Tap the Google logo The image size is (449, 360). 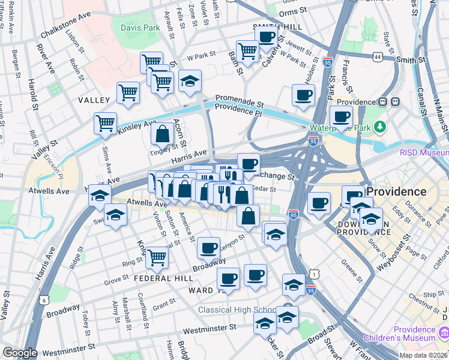[20, 353]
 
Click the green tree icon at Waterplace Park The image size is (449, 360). [379, 127]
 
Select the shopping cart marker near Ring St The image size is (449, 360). [157, 258]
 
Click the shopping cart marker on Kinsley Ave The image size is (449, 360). [106, 123]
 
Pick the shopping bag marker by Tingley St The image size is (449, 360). [162, 134]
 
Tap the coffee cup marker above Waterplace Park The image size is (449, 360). [341, 117]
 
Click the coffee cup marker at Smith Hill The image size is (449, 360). [265, 36]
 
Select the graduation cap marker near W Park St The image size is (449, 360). [190, 81]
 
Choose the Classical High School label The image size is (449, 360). [238, 310]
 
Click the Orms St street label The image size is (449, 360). [295, 12]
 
